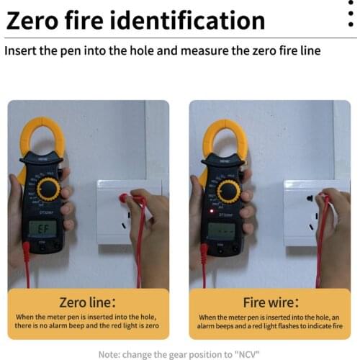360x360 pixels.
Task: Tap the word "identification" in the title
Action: (195, 19)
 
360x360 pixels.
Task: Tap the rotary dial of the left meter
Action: (48, 189)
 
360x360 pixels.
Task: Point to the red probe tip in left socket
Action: (124, 197)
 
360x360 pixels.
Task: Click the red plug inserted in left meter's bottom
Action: (27, 250)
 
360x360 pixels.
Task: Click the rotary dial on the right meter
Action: (228, 191)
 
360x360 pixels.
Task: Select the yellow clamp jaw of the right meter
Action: (224, 137)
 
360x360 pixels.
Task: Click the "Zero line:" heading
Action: (89, 302)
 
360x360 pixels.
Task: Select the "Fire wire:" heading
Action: (268, 302)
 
